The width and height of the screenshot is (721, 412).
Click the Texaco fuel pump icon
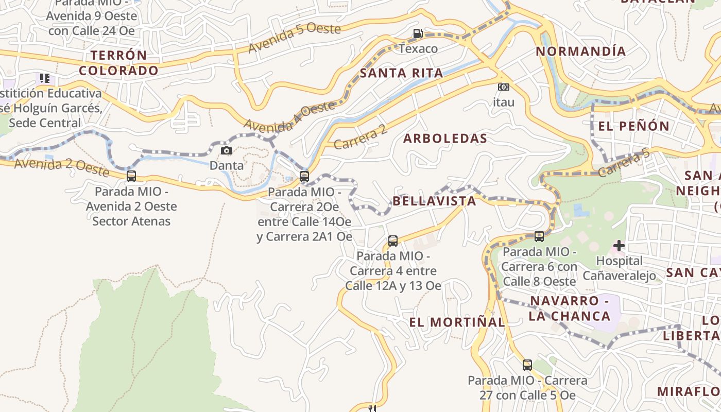418,33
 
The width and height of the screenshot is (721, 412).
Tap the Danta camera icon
226,150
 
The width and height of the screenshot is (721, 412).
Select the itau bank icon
503,87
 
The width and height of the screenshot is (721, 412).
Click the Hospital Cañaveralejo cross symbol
619,246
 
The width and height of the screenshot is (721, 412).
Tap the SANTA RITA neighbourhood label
401,73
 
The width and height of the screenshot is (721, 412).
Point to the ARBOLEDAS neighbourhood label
445,138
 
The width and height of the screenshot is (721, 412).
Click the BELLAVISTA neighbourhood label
434,201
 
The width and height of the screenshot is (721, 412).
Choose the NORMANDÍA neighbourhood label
581,51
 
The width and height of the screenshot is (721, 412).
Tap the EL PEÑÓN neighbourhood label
633,126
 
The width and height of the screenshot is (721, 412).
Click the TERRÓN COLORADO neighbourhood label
118,63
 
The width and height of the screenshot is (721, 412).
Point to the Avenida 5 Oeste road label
294,38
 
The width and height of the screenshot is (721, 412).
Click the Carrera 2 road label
360,138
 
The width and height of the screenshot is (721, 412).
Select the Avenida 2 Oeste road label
62,167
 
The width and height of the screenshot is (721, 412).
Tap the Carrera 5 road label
625,163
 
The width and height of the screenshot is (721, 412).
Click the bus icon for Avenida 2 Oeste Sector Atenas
131,176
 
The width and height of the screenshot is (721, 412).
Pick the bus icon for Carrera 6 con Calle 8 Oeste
539,236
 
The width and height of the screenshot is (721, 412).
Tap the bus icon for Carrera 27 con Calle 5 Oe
527,365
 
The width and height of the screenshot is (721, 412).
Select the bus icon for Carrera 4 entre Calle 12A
392,241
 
